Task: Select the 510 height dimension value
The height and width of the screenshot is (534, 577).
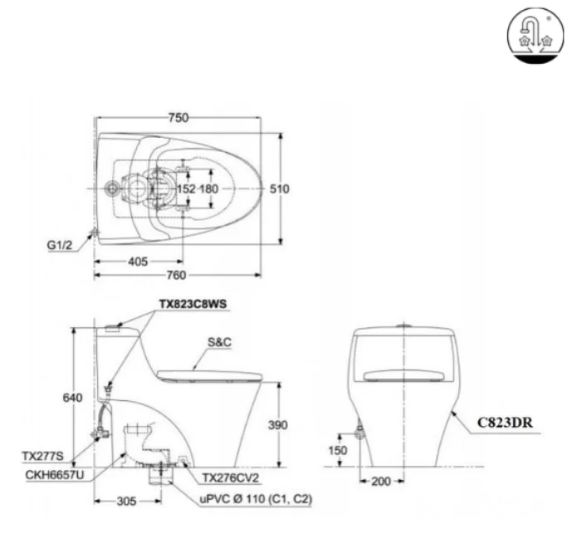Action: click(280, 189)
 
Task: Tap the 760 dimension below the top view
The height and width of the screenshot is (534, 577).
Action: click(177, 276)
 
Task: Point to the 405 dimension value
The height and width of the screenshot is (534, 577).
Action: click(138, 261)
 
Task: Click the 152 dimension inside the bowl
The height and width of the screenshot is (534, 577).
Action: click(187, 189)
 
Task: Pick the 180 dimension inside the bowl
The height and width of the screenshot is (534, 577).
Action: click(208, 189)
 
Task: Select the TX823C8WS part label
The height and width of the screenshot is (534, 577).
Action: click(192, 304)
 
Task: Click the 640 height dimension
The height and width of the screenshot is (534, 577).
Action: click(72, 398)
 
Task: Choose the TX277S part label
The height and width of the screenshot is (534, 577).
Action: click(41, 455)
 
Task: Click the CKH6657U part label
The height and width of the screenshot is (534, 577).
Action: click(52, 475)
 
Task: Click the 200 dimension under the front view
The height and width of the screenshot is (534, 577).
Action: click(382, 482)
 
